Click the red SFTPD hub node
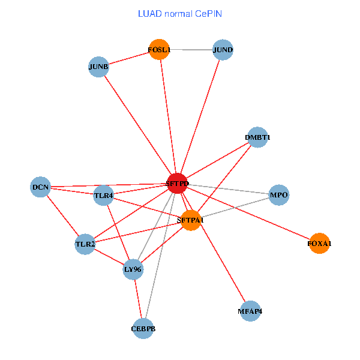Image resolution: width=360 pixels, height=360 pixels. [177, 184]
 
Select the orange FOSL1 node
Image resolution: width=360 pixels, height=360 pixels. [160, 50]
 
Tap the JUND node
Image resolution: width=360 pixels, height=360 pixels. [223, 50]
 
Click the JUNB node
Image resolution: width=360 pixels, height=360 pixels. [98, 67]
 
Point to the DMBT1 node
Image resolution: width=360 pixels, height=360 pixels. [257, 137]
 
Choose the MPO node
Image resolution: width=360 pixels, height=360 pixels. [279, 195]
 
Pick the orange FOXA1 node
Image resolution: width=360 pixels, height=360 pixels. [319, 244]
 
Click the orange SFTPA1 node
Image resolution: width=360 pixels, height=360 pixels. [191, 220]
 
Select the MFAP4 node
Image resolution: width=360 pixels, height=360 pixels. [250, 311]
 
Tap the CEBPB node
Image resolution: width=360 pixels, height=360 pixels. [143, 329]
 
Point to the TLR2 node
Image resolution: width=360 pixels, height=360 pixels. [85, 244]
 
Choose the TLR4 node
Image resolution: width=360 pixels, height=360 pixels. [104, 195]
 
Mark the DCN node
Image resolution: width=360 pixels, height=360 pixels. [41, 187]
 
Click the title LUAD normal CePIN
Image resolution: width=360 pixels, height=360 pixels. [180, 13]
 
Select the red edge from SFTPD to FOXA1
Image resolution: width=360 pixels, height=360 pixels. [248, 214]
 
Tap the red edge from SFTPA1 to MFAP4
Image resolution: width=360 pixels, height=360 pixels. [220, 266]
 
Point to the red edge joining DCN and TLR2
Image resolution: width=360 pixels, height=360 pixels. [63, 216]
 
